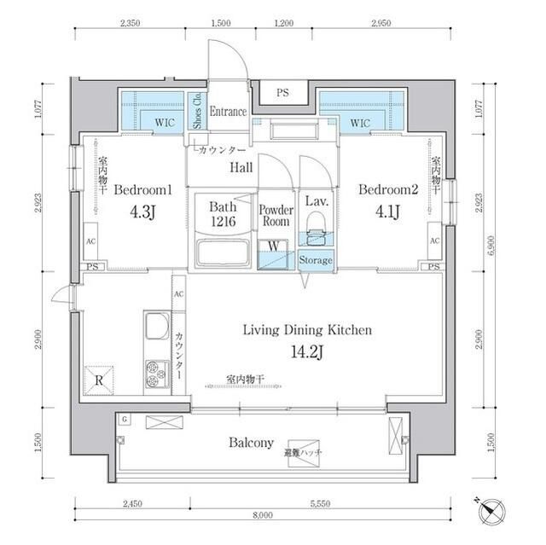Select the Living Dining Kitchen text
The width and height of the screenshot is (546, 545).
[x=307, y=329]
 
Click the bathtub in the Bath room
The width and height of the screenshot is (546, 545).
[x=222, y=254]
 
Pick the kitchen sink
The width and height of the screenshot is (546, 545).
[x=157, y=327]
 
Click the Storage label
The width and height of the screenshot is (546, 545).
[x=316, y=260]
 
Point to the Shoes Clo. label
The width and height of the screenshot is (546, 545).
[x=197, y=111]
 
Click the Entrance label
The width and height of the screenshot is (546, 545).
[x=228, y=112]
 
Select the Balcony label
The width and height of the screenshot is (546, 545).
[x=251, y=443]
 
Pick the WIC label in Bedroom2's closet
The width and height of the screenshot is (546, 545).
[x=360, y=124]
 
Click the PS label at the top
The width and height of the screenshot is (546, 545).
[x=282, y=91]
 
